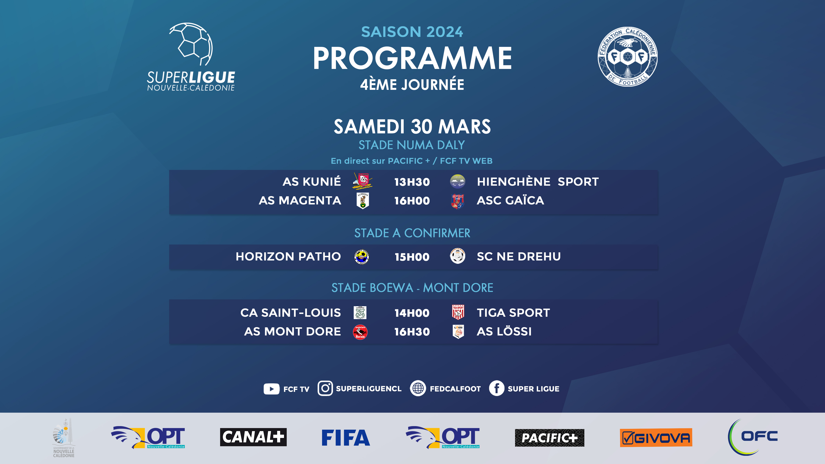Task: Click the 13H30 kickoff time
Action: point(412,182)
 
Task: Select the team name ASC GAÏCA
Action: point(510,200)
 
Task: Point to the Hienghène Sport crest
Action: point(458,182)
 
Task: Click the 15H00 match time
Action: point(412,257)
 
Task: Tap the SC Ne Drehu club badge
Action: point(458,256)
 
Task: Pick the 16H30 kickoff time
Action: point(412,332)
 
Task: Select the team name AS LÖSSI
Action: point(504,331)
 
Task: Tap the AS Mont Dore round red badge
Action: point(360,332)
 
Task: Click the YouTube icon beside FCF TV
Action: point(271,389)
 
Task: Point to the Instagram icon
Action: point(325,388)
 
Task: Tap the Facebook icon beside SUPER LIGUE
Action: point(496,388)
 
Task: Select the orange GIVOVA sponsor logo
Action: point(656,437)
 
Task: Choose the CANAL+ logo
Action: point(253,437)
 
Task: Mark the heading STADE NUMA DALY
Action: point(412,145)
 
